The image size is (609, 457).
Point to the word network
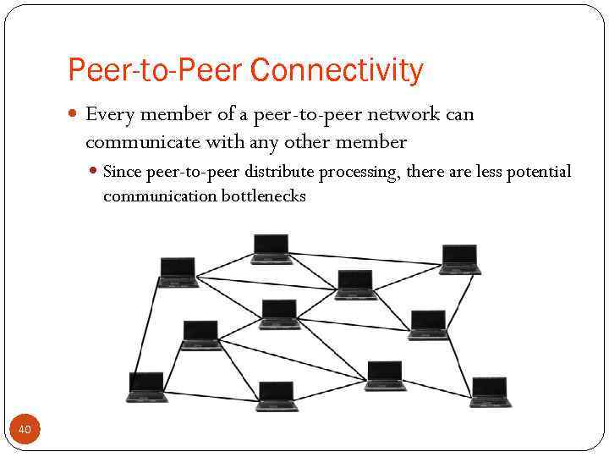(405, 114)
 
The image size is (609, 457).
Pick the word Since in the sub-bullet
(122, 173)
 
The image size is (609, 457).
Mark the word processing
(359, 173)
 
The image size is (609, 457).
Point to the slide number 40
(25, 431)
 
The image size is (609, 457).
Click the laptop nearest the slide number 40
(146, 387)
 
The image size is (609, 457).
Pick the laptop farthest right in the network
(491, 392)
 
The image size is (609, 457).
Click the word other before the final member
(312, 141)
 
